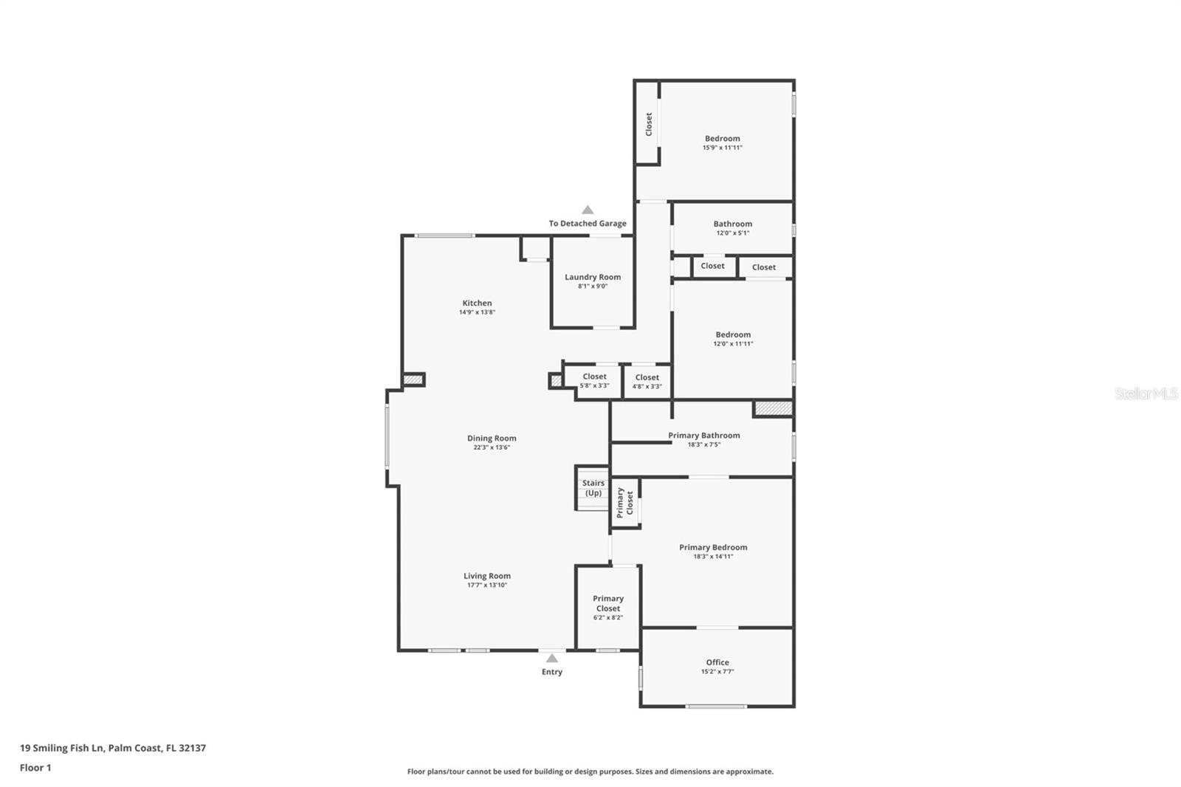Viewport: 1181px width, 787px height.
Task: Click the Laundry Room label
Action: (593, 278)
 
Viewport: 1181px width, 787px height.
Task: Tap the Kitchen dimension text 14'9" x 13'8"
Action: (477, 312)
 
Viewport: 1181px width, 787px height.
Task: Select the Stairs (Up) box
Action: (593, 488)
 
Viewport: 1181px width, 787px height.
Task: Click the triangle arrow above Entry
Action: (552, 659)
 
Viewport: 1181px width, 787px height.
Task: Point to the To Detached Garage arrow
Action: (588, 210)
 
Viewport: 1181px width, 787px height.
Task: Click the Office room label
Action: (717, 662)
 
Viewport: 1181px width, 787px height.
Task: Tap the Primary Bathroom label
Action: (703, 436)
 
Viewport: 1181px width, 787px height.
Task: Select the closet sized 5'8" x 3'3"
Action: (594, 381)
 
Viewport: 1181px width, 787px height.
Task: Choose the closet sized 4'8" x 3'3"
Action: (647, 382)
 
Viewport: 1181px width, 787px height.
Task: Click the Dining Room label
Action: (492, 439)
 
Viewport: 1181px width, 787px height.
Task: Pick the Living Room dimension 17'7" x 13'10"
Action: (487, 585)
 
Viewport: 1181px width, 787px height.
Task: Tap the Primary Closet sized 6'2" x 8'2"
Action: (608, 608)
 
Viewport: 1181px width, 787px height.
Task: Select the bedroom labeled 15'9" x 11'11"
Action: (722, 142)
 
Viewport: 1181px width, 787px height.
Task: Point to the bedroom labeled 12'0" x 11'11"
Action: (733, 339)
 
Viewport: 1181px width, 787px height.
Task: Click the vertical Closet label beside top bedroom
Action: (649, 124)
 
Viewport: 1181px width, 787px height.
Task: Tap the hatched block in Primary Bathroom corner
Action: (773, 408)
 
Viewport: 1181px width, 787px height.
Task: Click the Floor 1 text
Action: (35, 768)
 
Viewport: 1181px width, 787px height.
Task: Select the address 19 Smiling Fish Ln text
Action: (113, 748)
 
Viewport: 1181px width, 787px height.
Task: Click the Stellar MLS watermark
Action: (1146, 393)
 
